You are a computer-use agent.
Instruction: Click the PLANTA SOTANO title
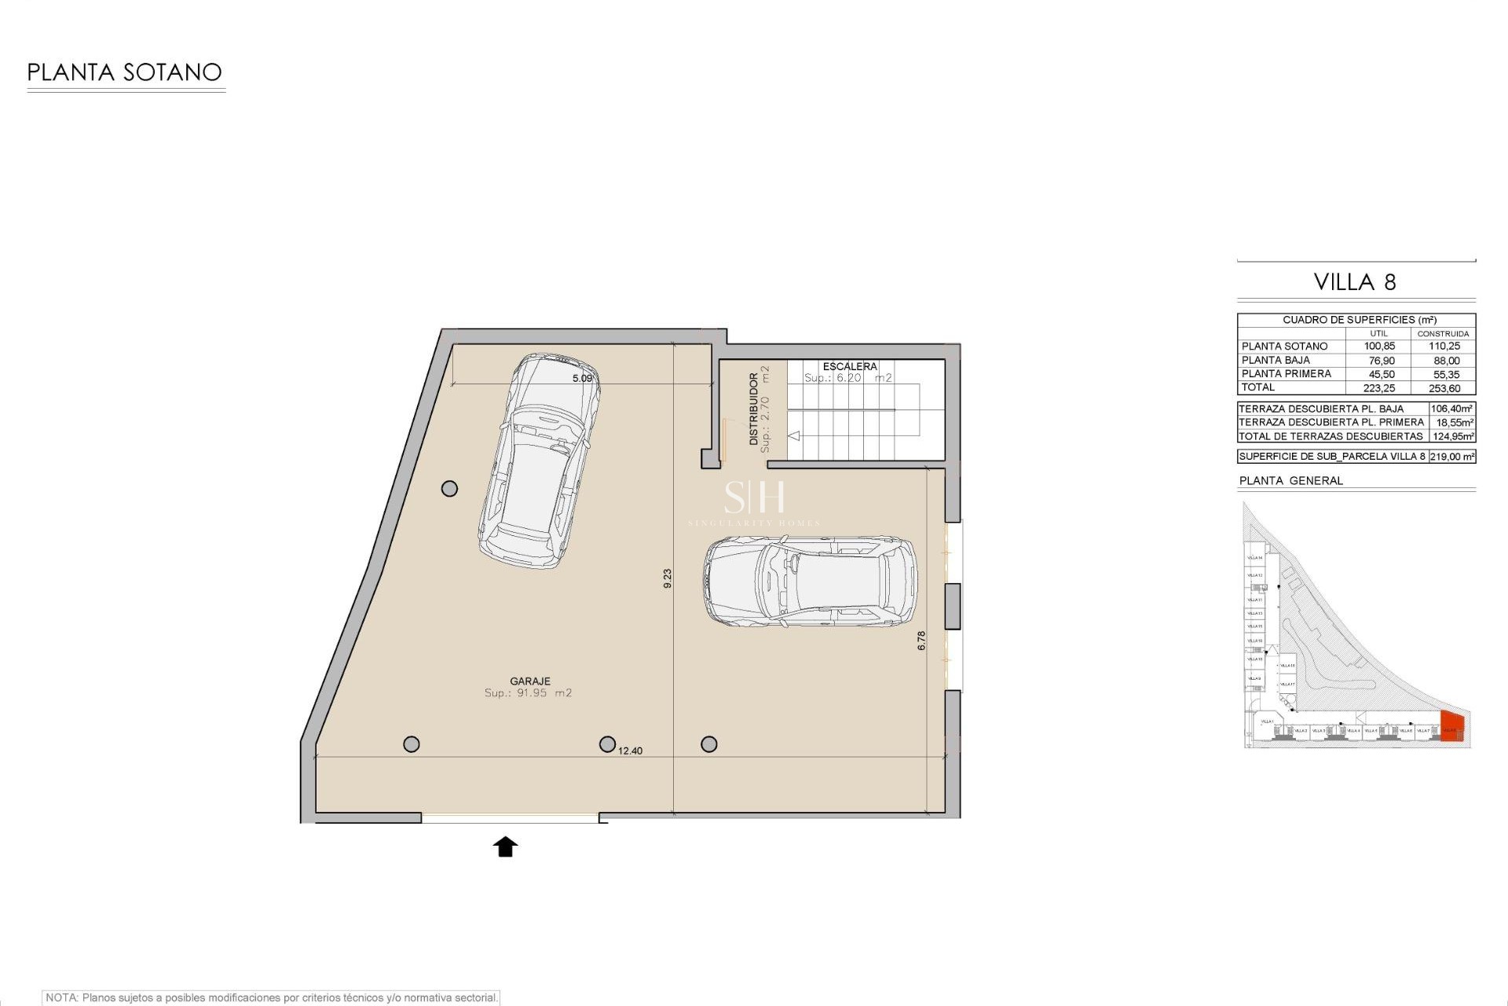click(124, 72)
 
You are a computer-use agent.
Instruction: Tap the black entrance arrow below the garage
click(505, 846)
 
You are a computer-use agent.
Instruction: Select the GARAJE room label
click(530, 681)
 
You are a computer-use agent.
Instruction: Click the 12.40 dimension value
click(630, 751)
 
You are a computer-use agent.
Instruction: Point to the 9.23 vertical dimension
click(668, 578)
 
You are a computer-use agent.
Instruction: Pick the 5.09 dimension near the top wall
click(582, 378)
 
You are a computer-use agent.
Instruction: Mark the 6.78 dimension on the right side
click(921, 641)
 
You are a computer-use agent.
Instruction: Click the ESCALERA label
click(850, 366)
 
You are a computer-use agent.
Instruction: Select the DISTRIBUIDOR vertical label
click(754, 409)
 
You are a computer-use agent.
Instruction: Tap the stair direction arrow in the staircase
click(794, 435)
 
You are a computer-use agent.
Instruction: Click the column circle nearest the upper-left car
click(449, 489)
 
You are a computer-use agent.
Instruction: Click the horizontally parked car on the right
click(810, 582)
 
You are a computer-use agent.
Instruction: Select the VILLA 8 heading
click(1355, 282)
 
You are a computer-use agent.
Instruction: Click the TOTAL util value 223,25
click(1380, 388)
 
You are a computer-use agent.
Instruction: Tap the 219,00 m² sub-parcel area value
click(1451, 457)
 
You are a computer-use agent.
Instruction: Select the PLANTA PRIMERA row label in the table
click(1286, 374)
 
